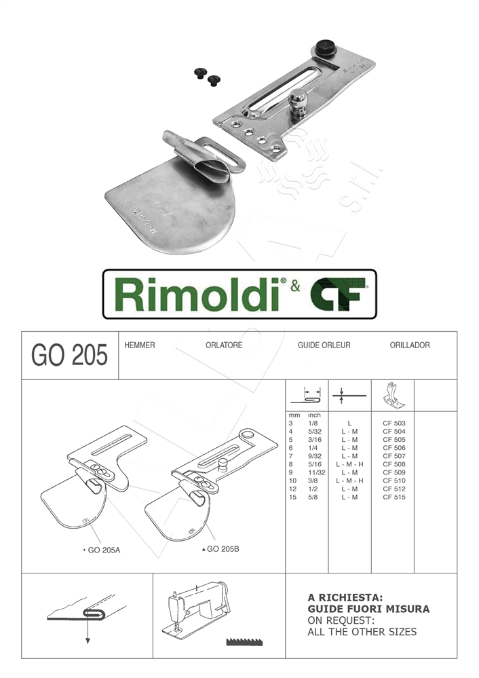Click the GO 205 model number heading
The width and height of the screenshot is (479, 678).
coord(70,356)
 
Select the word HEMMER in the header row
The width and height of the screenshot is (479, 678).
coord(140,345)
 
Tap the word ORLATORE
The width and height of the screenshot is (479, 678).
coord(224,345)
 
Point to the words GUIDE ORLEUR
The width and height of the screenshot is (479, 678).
coord(324,345)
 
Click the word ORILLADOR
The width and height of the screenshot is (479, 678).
coord(410,345)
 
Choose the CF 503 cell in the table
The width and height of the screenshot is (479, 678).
coord(394,423)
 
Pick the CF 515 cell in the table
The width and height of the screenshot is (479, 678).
coord(394,497)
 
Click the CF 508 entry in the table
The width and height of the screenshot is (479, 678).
coord(394,464)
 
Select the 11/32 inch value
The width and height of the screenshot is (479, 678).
coord(317,472)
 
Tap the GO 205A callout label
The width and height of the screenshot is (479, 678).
coord(104,550)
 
